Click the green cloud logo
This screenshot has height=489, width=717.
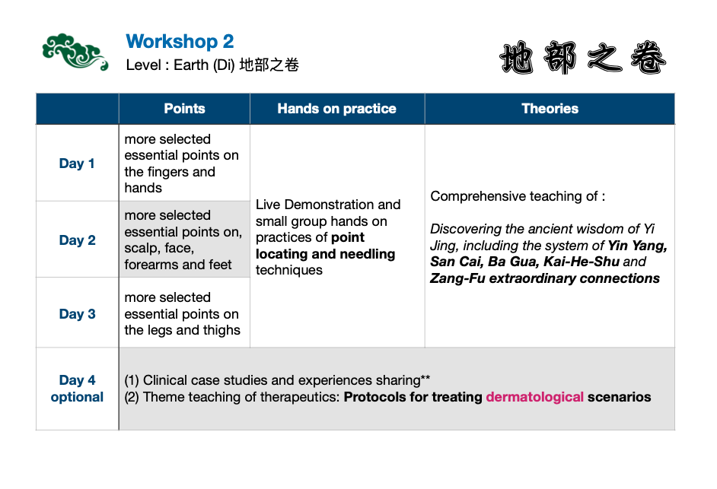(75, 52)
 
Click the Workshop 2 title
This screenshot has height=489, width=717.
(180, 42)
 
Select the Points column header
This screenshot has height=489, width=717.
(184, 109)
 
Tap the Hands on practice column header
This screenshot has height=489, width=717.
(336, 109)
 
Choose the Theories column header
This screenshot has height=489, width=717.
(550, 109)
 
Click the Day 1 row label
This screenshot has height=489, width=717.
(77, 164)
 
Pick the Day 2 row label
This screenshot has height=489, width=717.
(78, 240)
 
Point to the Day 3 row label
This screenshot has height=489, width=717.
(78, 314)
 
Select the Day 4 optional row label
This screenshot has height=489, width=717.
(78, 389)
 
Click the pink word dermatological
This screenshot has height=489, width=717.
(534, 397)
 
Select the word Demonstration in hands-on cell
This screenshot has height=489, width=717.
(330, 205)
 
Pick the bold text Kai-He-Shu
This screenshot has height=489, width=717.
(582, 262)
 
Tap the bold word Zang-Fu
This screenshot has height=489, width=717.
(457, 279)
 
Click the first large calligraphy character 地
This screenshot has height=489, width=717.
(517, 58)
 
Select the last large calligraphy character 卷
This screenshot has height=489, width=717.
(648, 58)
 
